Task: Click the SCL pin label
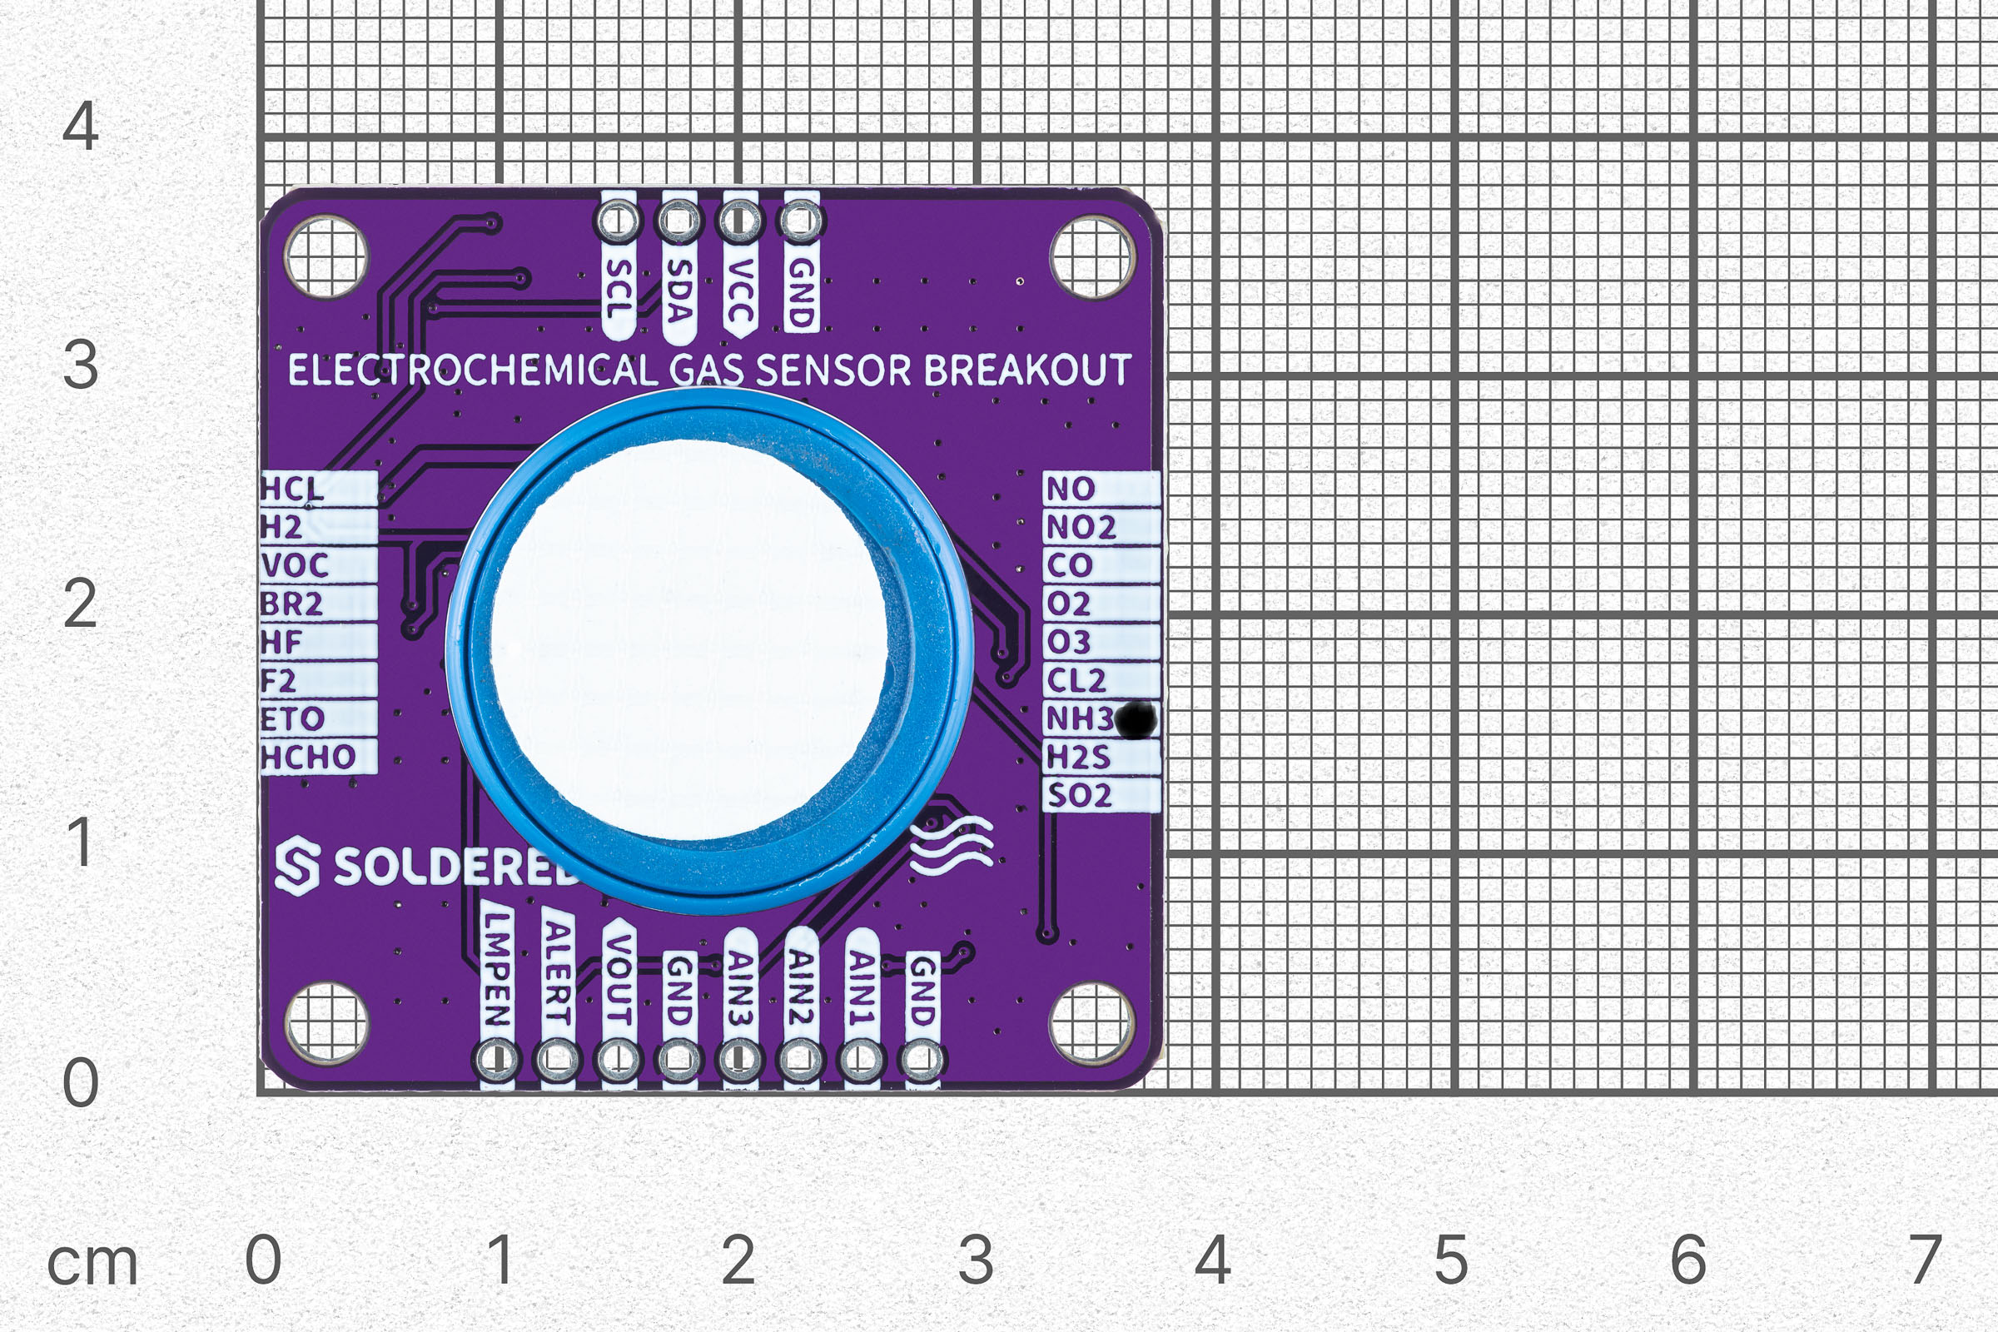coord(618,288)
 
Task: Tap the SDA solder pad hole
coord(678,221)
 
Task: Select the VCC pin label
coord(740,292)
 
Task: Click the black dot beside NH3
coord(1135,719)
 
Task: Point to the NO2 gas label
coord(1080,528)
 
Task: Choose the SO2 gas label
coord(1079,796)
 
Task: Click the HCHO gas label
coord(308,757)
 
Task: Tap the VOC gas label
coord(295,566)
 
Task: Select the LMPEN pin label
coord(497,967)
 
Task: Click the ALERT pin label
coord(557,972)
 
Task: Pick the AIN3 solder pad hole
coord(739,1059)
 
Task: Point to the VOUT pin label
coord(619,977)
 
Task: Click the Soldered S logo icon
coord(297,866)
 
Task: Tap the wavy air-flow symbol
coord(952,845)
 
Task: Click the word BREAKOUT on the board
coord(1027,370)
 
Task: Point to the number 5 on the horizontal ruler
coord(1451,1259)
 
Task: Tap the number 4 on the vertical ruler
coord(81,126)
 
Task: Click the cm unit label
coord(92,1263)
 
